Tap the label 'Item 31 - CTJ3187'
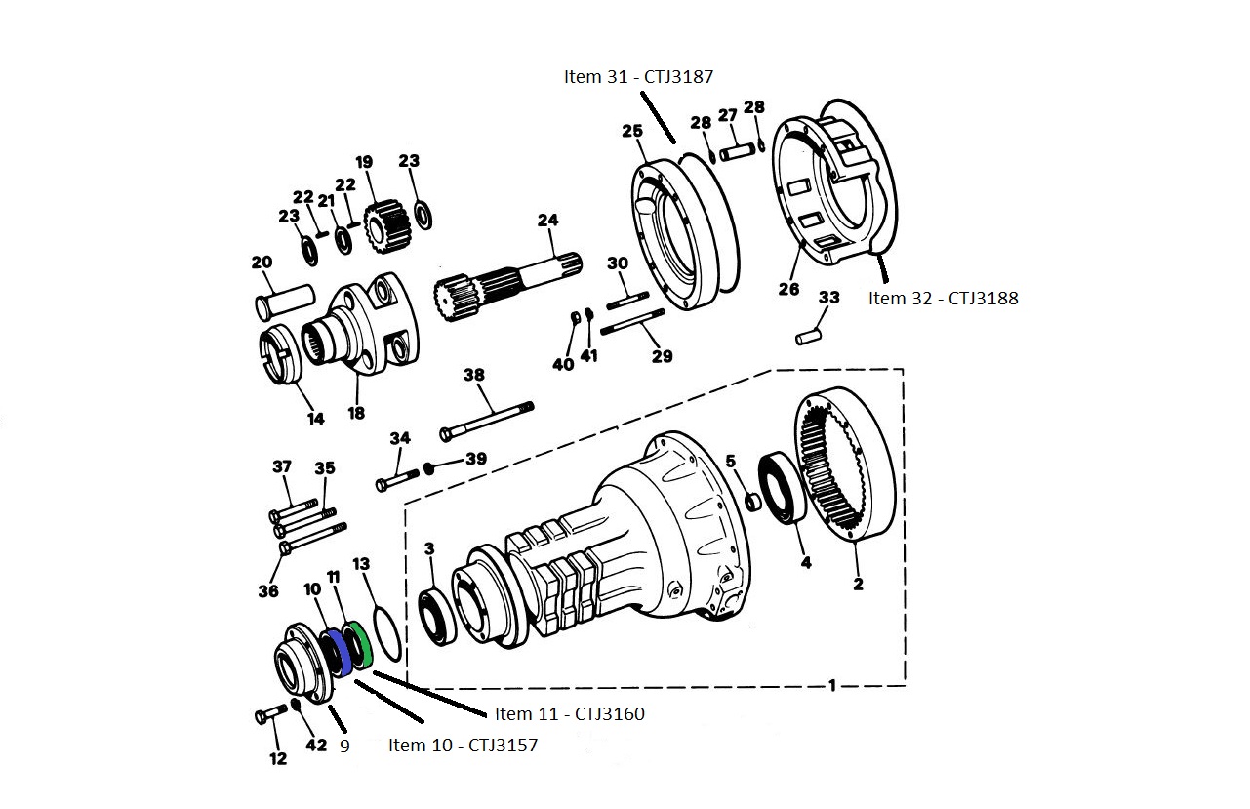tap(645, 76)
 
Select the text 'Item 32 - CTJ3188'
tap(943, 299)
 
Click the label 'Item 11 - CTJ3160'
tap(569, 714)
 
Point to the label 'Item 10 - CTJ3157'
tap(463, 746)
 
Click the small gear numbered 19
tap(383, 225)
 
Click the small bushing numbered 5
tap(751, 502)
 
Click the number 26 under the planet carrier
tap(788, 289)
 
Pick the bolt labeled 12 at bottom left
tap(267, 717)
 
